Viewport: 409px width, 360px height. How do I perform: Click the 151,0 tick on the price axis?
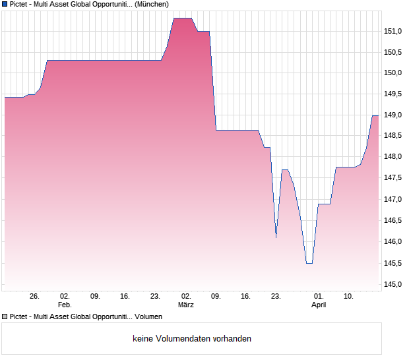tap(393, 31)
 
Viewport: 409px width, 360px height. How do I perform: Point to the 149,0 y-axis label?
tap(393, 115)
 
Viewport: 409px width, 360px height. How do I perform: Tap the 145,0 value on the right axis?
tap(393, 284)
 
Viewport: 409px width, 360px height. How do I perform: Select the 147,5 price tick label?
tap(393, 178)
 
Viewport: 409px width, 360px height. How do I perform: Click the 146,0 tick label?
tap(393, 242)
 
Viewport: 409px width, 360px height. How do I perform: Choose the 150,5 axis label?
tap(393, 52)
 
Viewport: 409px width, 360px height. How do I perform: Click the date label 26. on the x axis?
tap(35, 297)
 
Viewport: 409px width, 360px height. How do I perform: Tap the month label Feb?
tap(65, 305)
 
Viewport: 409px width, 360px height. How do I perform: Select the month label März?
tap(186, 305)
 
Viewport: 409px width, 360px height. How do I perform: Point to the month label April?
tap(319, 305)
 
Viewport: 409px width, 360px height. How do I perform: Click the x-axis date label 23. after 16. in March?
tap(276, 297)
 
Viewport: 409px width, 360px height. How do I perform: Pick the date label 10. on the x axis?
tap(349, 297)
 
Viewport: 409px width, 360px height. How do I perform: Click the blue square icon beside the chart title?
tap(5, 4)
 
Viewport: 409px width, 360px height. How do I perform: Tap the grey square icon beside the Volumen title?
tap(5, 317)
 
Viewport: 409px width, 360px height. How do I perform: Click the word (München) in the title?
tap(152, 4)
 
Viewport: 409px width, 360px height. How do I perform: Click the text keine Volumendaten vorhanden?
tap(192, 339)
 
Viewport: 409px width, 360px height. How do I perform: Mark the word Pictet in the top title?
tap(20, 4)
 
